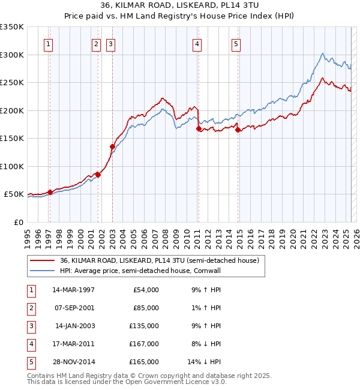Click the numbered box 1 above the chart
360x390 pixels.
[x=47, y=43]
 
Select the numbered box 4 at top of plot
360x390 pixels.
[x=197, y=43]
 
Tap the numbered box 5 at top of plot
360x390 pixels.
[x=236, y=43]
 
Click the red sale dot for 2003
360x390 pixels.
[x=112, y=146]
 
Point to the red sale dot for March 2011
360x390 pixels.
[x=199, y=128]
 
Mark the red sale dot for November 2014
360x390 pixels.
[x=238, y=130]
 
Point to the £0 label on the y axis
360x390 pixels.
[x=19, y=222]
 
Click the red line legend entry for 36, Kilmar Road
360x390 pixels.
[x=159, y=261]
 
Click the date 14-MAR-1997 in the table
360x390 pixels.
[x=73, y=290]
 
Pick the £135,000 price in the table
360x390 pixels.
[x=145, y=326]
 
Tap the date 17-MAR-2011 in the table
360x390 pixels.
[x=73, y=344]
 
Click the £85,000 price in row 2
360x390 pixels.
[x=146, y=308]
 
